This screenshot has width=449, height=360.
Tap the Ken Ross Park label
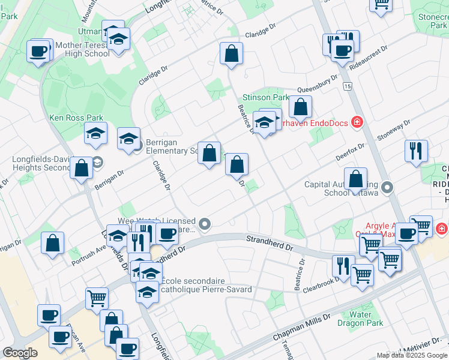(76, 118)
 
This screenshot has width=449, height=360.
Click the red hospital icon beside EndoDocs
(357, 122)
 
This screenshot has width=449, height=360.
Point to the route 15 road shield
(348, 87)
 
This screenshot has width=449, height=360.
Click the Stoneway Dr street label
(393, 131)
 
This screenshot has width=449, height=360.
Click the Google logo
(20, 353)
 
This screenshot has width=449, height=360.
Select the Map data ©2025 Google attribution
(412, 355)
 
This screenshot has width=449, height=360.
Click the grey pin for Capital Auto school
(387, 187)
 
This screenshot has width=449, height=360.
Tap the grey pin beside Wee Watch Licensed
(205, 224)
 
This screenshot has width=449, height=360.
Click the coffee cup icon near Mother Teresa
(40, 51)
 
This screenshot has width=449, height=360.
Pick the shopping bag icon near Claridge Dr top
(231, 55)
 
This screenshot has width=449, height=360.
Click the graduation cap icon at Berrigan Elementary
(128, 139)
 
